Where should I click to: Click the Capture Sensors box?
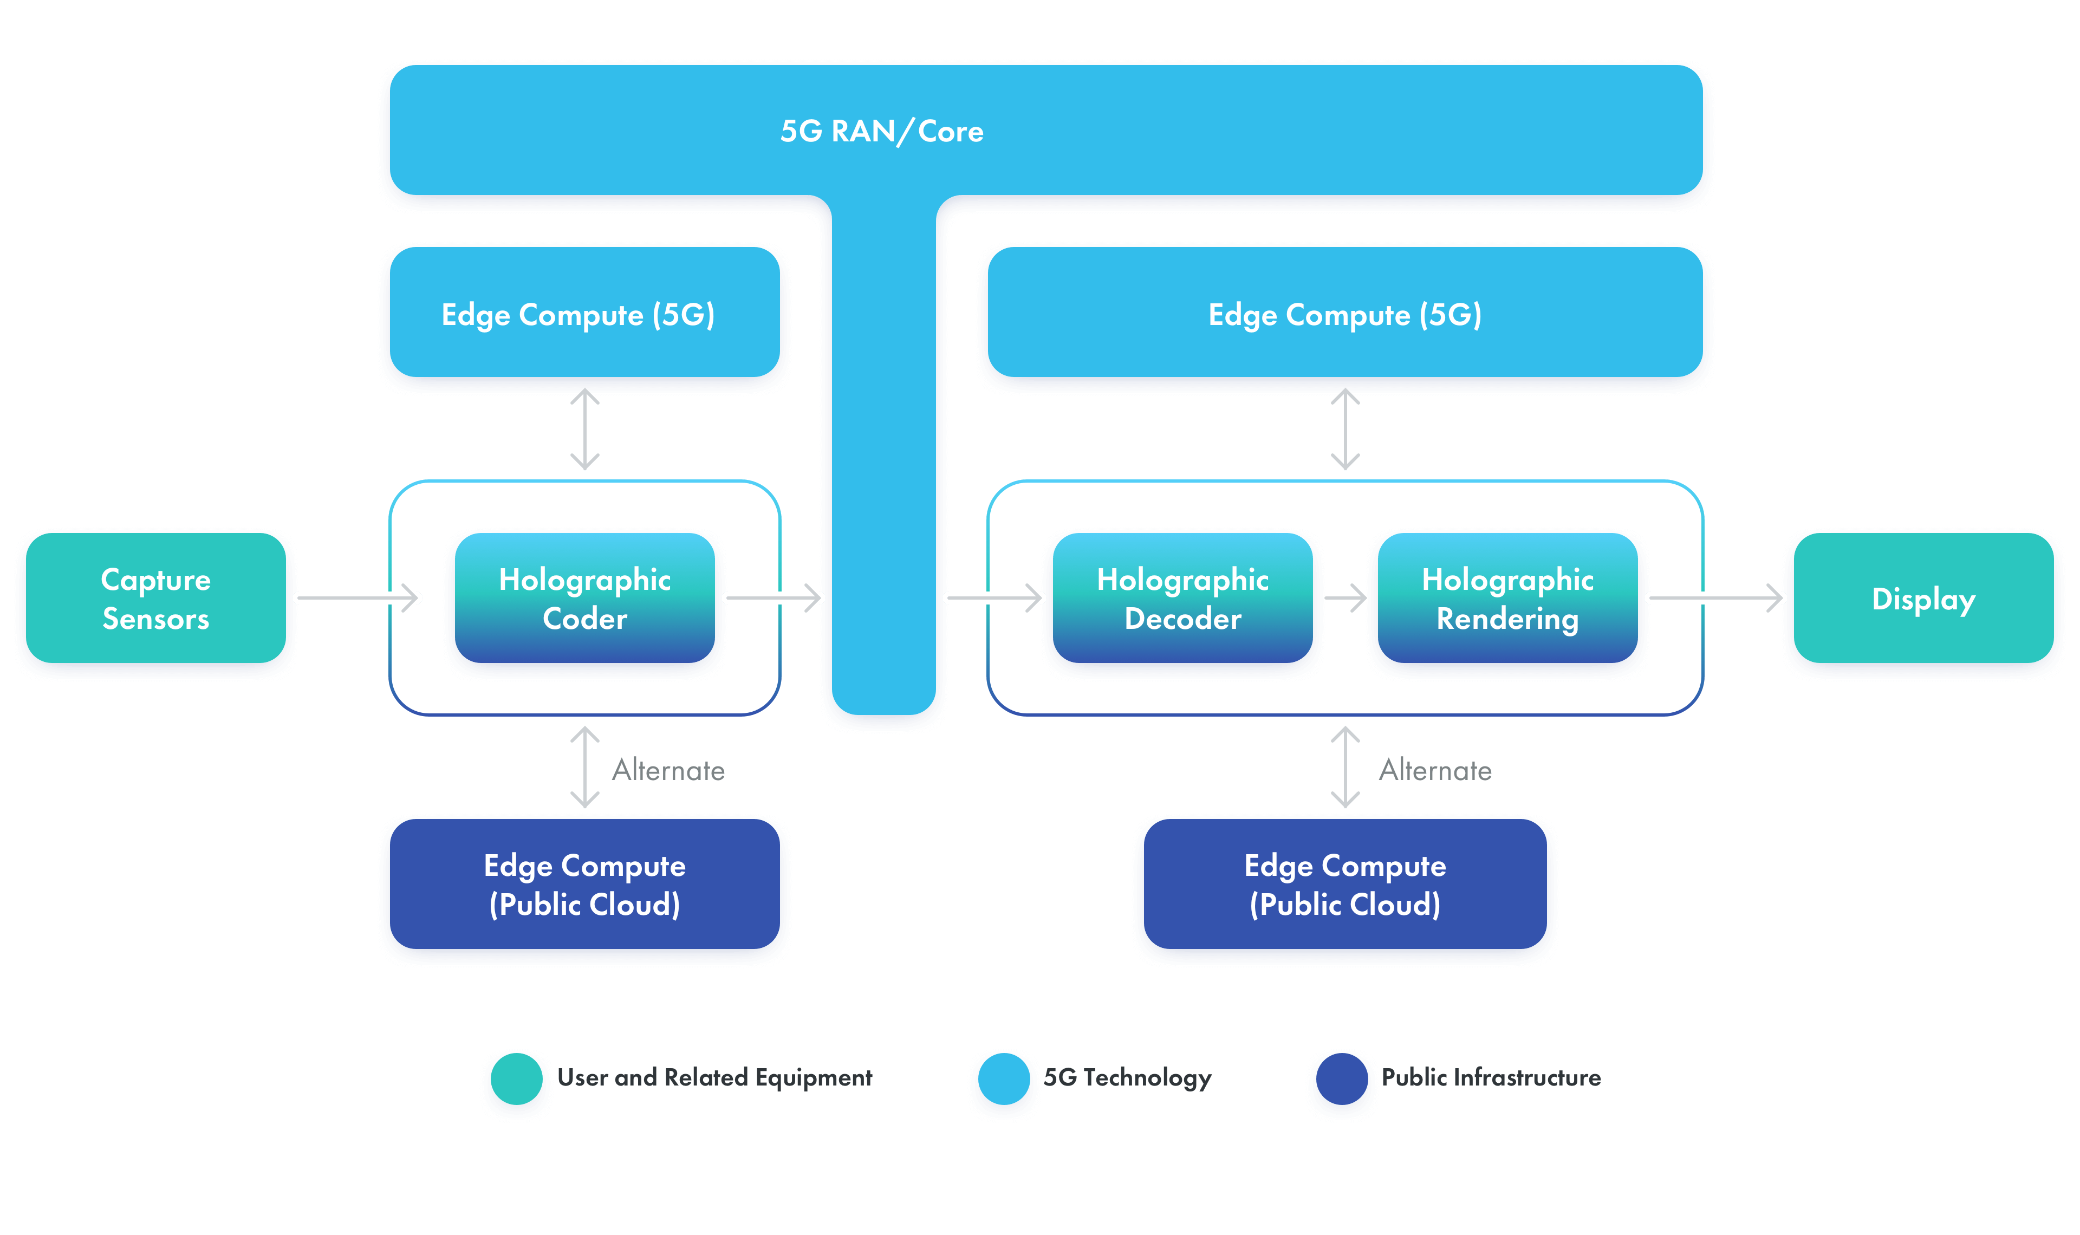[155, 599]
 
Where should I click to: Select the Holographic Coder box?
[585, 599]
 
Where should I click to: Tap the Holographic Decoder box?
[1182, 599]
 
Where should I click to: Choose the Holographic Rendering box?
[1507, 599]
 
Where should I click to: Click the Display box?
[1923, 599]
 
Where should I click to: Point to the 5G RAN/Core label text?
[882, 132]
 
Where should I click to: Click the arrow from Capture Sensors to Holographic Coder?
[357, 597]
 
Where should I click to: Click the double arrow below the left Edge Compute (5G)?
[585, 430]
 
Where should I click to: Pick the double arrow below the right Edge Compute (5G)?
[1345, 430]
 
